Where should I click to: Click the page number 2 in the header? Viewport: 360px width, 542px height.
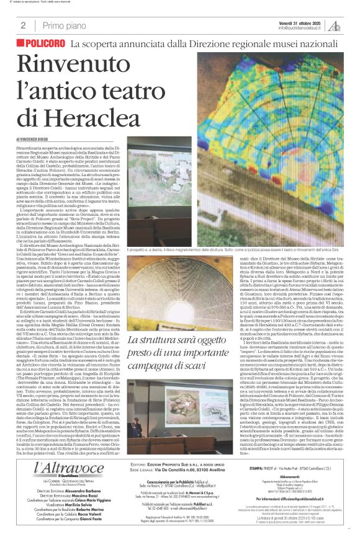[23, 25]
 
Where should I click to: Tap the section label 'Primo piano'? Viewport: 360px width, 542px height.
[63, 25]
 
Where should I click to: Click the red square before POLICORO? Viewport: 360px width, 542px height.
[21, 43]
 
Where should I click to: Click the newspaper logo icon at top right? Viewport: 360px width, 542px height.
[334, 25]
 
